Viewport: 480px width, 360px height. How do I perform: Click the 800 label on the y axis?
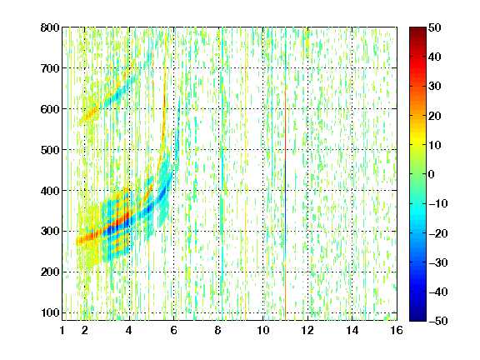pyautogui.click(x=50, y=27)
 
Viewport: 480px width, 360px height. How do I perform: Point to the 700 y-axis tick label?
pyautogui.click(x=50, y=68)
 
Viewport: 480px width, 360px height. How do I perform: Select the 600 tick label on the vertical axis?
pyautogui.click(x=50, y=109)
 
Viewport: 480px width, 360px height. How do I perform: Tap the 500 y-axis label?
pyautogui.click(x=50, y=150)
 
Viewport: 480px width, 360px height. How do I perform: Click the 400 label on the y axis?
pyautogui.click(x=50, y=191)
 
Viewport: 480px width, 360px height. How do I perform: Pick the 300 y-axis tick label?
pyautogui.click(x=50, y=231)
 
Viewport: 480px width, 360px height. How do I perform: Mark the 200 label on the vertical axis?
pyautogui.click(x=50, y=272)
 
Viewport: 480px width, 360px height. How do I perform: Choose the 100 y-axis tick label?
pyautogui.click(x=50, y=312)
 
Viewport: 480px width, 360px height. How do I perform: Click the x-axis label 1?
pyautogui.click(x=62, y=330)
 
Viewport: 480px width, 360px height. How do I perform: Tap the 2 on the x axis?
pyautogui.click(x=85, y=330)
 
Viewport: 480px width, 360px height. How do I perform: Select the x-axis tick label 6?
pyautogui.click(x=173, y=330)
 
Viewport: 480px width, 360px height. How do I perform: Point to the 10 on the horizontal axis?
pyautogui.click(x=262, y=330)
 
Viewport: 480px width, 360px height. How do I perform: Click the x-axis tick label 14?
pyautogui.click(x=352, y=330)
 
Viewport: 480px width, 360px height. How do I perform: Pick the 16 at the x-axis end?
pyautogui.click(x=396, y=330)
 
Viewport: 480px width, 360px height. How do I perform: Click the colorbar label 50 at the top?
pyautogui.click(x=434, y=27)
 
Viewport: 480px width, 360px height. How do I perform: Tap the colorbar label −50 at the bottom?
pyautogui.click(x=437, y=321)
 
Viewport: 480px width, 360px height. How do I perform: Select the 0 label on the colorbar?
pyautogui.click(x=432, y=174)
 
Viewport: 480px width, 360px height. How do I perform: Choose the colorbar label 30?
pyautogui.click(x=434, y=86)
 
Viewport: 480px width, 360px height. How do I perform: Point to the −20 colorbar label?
pyautogui.click(x=437, y=233)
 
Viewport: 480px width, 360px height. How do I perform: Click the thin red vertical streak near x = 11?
pyautogui.click(x=285, y=122)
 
